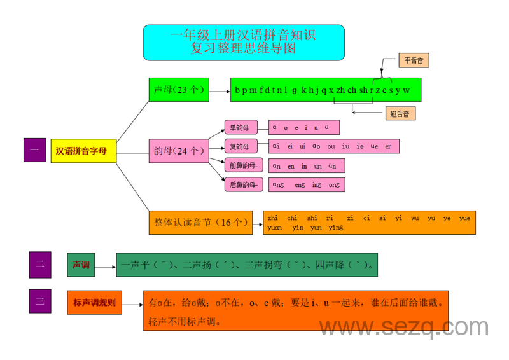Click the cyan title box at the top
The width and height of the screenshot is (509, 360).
click(x=244, y=43)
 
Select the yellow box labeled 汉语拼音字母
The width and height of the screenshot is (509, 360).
click(x=84, y=151)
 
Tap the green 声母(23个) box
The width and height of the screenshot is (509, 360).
click(x=178, y=90)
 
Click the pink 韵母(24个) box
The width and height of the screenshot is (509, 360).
click(x=178, y=151)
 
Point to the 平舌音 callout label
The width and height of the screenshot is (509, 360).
click(x=414, y=62)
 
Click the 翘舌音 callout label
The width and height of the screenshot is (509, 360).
click(x=400, y=114)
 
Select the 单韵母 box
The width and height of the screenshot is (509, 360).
click(x=240, y=127)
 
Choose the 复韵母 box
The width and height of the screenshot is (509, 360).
click(x=240, y=146)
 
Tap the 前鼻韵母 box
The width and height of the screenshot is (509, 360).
click(x=242, y=165)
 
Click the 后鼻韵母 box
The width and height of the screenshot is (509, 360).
click(x=242, y=185)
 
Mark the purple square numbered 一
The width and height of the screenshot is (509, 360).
click(x=34, y=151)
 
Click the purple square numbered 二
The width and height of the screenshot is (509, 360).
click(x=39, y=265)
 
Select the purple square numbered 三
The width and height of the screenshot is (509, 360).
click(x=39, y=301)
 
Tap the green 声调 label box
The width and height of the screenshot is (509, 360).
click(x=81, y=265)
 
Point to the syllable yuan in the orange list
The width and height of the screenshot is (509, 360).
click(x=275, y=228)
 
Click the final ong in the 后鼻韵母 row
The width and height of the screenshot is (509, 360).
click(x=334, y=185)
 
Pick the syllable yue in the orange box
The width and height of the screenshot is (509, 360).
click(x=464, y=218)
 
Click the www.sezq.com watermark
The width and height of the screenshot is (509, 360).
click(x=403, y=328)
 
